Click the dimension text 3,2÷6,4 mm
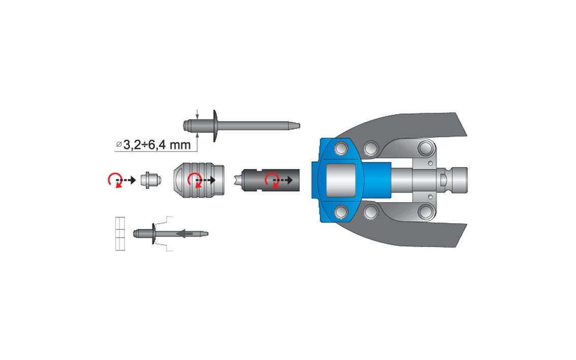[x=157, y=145]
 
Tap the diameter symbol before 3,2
[x=119, y=144]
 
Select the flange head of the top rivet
[x=215, y=125]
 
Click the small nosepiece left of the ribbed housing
[x=151, y=180]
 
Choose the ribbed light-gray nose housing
[x=199, y=180]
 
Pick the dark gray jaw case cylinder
[x=270, y=180]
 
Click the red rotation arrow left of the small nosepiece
[x=114, y=180]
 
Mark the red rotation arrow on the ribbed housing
[x=195, y=180]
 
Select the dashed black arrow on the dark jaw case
[x=283, y=180]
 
